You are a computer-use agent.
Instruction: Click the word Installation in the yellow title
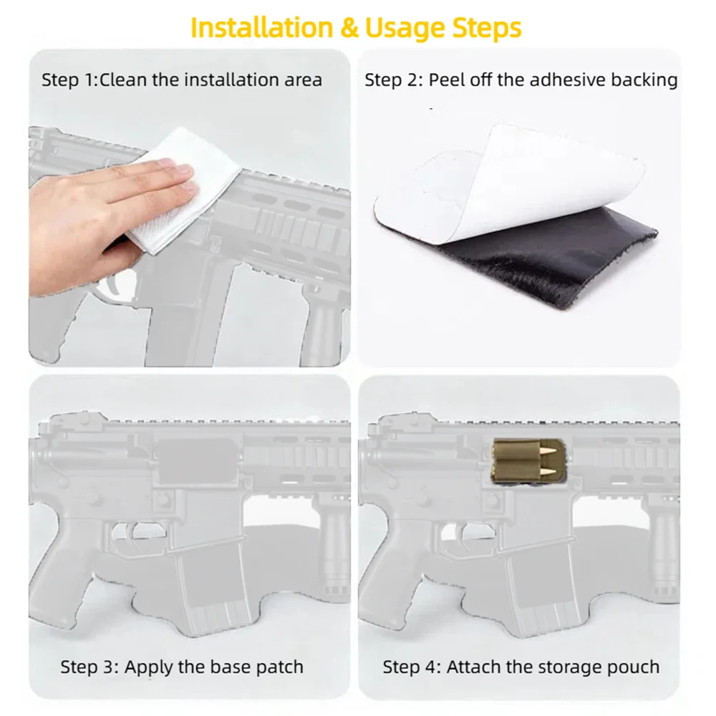click(262, 28)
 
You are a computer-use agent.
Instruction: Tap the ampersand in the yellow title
click(349, 28)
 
